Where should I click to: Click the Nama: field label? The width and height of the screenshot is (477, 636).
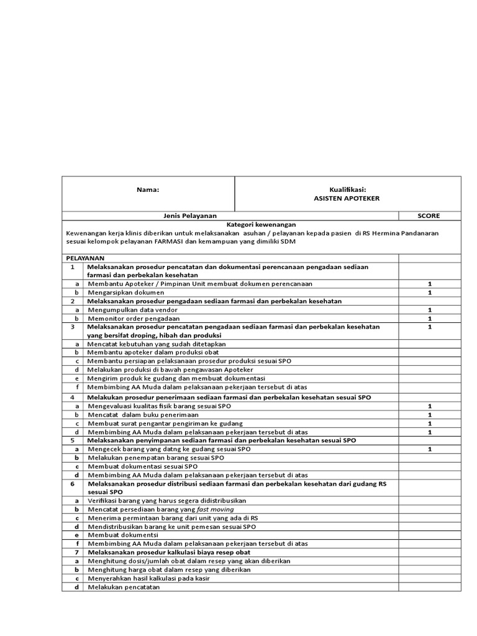coord(148,189)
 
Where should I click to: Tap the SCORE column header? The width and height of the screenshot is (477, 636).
coord(429,216)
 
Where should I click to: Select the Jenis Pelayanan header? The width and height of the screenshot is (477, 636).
coord(190,216)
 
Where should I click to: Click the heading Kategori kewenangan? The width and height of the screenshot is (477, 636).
coord(261,224)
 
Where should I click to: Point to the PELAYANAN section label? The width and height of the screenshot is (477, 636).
coord(85,258)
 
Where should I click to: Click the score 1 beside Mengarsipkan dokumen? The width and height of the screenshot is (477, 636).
coord(429,292)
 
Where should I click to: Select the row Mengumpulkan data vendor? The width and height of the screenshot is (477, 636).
coord(128,309)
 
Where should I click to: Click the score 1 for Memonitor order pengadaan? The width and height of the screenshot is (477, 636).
coord(429,318)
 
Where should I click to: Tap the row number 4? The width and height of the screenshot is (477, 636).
coord(73,397)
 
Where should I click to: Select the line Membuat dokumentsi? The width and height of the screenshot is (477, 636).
coord(123,535)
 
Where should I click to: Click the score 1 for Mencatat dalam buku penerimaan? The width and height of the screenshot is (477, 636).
coord(429,414)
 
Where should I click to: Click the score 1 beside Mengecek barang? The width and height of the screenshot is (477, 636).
coord(429,448)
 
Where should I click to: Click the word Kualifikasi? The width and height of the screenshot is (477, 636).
coord(348,189)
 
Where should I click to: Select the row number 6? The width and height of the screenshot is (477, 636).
coord(73,483)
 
